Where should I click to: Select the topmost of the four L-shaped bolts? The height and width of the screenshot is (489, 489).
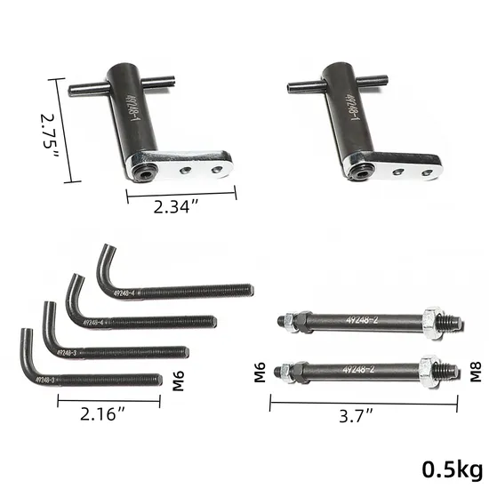click(178, 290)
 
